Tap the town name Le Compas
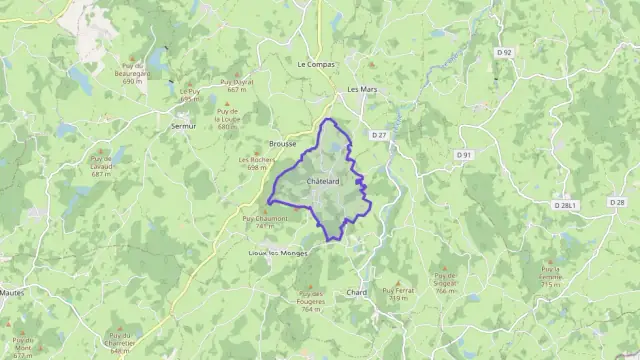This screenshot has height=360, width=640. point(315,63)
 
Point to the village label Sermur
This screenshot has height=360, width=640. point(183,127)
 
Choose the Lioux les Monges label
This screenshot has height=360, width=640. point(279,254)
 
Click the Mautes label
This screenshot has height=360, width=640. point(13,292)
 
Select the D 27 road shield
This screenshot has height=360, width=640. point(378,134)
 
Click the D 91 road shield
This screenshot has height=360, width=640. point(463,155)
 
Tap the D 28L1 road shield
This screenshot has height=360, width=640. point(566,205)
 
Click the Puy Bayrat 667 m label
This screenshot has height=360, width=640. point(236,85)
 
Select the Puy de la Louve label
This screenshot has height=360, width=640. point(228,119)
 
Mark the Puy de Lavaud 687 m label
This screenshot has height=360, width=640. point(101,166)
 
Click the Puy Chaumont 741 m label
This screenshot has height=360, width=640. point(264,222)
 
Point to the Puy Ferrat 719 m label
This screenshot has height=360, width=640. point(397,294)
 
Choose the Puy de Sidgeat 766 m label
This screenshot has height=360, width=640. point(446,282)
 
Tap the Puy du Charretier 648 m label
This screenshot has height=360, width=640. point(119,340)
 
